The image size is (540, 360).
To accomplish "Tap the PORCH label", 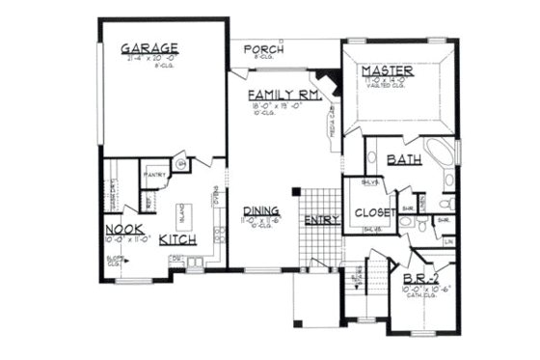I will point(261,49).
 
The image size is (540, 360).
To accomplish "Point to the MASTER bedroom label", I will point(388,72).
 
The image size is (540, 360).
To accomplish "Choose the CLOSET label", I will point(371,213).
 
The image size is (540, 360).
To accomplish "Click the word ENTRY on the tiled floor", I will point(322,221).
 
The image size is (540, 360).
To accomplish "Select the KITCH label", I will point(178,238).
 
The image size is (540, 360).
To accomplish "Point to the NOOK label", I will point(124,229).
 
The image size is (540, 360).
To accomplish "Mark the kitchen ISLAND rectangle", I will point(180,214).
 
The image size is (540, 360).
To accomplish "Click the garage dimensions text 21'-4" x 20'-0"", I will point(149,58).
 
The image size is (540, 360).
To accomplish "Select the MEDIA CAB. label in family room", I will point(332,123).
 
